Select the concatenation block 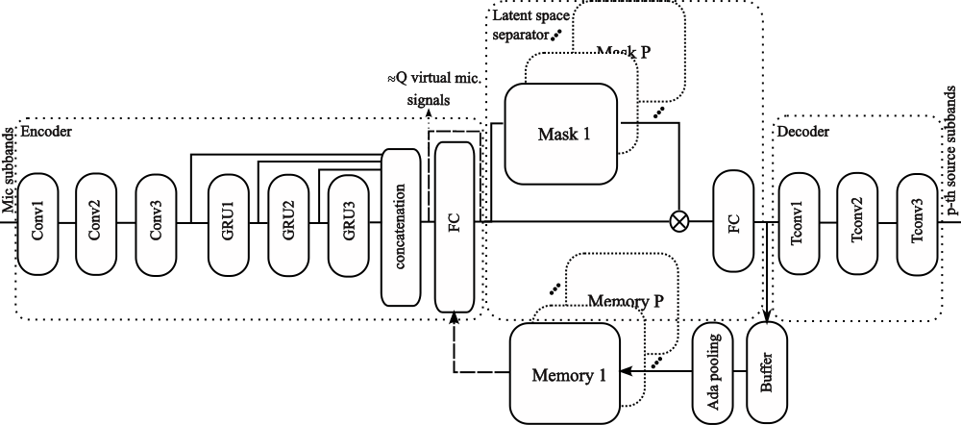(403, 223)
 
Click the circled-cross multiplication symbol (678, 222)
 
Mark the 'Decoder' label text (803, 130)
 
